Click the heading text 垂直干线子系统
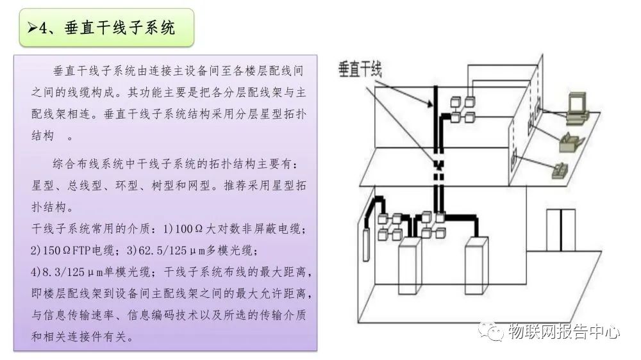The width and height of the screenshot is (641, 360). [119, 28]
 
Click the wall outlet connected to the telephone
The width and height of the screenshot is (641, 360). [514, 157]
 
